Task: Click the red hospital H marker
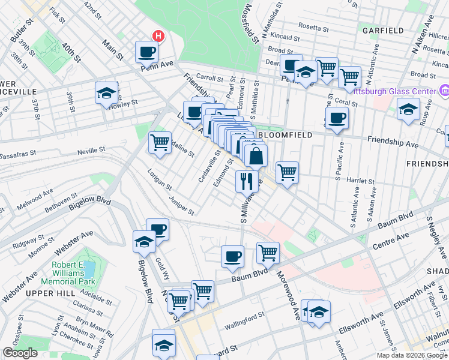158,36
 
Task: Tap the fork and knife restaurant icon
247,181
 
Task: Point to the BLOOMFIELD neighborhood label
285,136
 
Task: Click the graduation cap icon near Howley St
106,93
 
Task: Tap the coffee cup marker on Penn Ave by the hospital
146,52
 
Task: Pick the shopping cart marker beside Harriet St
288,172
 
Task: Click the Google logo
20,353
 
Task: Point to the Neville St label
91,149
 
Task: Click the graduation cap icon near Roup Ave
408,109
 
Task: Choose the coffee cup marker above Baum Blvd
232,256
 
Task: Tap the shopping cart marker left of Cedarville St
160,143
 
